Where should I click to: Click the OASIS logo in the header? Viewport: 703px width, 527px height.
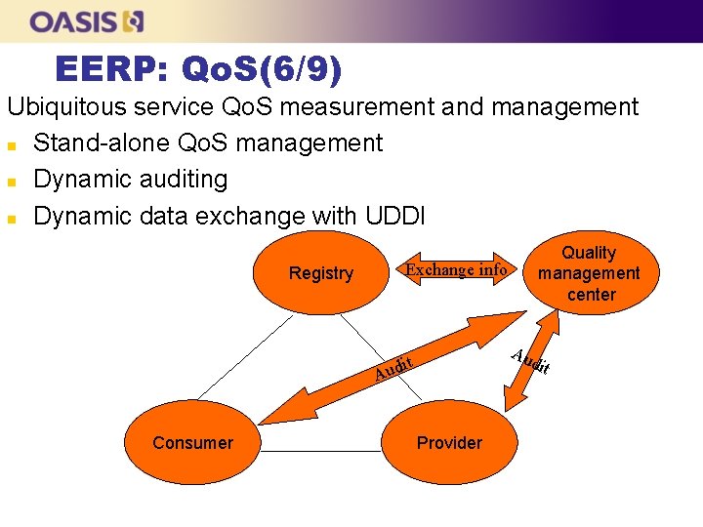(x=87, y=20)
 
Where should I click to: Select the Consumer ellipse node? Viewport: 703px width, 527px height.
(x=192, y=443)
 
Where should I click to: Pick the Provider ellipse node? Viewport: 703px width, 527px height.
(x=449, y=443)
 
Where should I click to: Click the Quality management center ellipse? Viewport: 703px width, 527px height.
(x=590, y=273)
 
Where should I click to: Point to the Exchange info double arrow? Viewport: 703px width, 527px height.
(x=457, y=269)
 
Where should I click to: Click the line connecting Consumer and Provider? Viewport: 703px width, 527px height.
(x=322, y=452)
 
